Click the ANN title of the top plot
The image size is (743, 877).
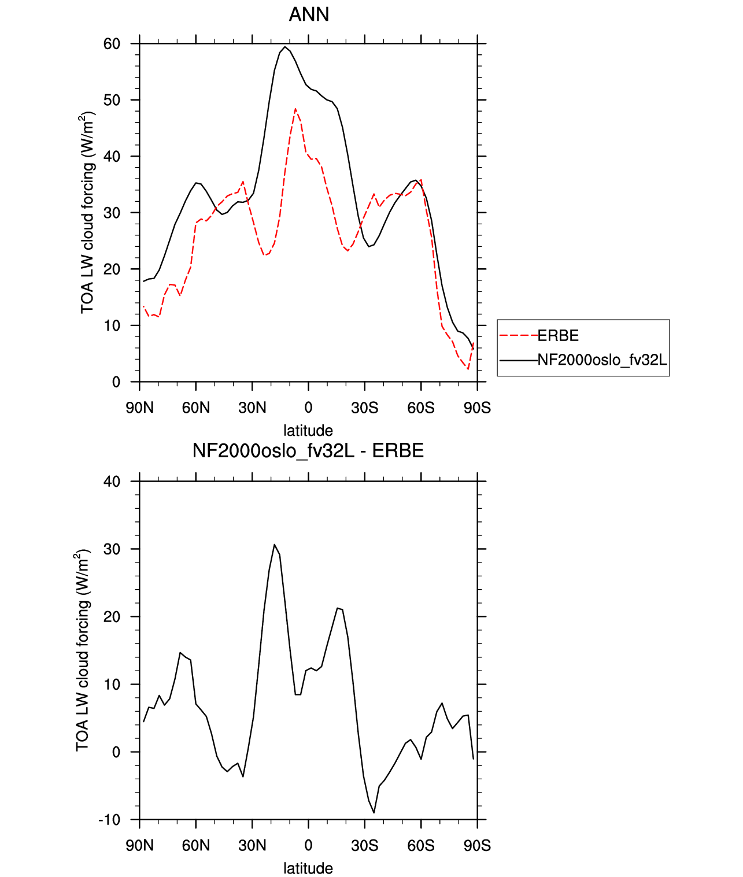click(309, 14)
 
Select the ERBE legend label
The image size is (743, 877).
click(557, 336)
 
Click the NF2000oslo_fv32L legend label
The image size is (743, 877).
click(602, 360)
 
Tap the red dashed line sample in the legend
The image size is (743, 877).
click(518, 336)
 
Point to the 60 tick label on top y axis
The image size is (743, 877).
click(112, 44)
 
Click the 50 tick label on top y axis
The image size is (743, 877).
click(112, 100)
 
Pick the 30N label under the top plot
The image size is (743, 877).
click(252, 408)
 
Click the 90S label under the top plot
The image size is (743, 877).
click(477, 408)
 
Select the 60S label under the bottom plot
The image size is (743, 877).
click(420, 846)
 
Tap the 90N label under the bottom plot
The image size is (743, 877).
click(139, 846)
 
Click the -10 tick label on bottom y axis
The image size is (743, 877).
click(109, 820)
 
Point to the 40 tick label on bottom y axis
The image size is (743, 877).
click(112, 482)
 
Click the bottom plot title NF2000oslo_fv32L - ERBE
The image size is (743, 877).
click(308, 450)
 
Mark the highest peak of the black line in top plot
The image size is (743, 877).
click(284, 47)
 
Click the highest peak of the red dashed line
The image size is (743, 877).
click(295, 109)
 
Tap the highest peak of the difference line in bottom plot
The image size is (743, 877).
click(274, 545)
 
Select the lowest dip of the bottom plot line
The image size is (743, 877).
click(374, 812)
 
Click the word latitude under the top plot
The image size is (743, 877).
click(308, 431)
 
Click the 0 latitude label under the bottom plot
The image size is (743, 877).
click(309, 846)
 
